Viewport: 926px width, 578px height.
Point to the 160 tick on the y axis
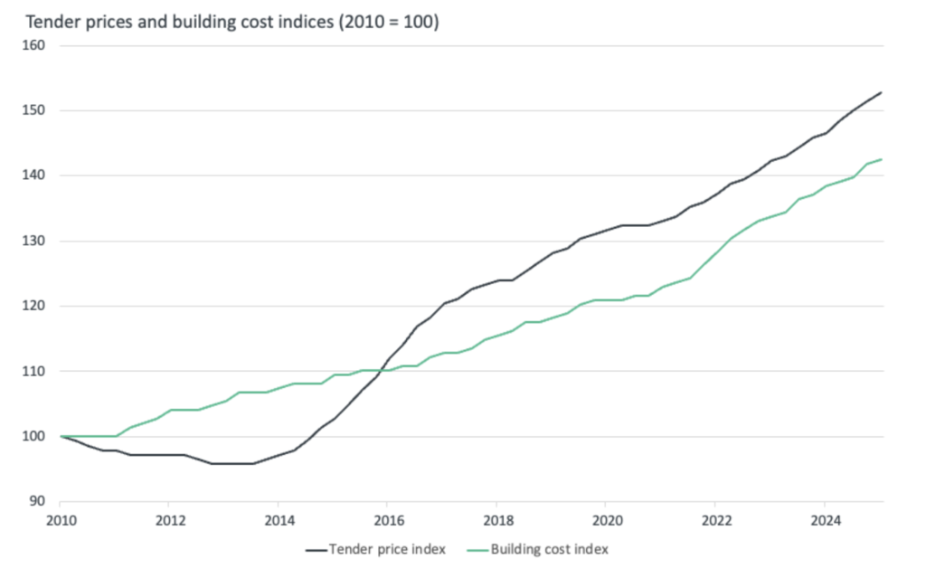pos(33,45)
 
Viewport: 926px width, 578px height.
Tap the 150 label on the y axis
pos(33,110)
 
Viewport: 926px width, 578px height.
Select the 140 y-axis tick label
pos(33,175)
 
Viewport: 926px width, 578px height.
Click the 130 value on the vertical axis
pos(33,241)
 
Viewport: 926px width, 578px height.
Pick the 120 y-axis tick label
pos(33,306)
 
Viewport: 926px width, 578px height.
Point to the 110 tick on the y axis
pos(33,371)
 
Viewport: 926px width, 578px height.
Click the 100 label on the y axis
pos(33,436)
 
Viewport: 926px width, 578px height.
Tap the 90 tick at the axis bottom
pos(36,500)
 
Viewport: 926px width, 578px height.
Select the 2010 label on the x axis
pos(60,520)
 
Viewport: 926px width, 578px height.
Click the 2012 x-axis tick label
pos(170,520)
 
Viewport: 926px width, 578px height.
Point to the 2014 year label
pos(279,520)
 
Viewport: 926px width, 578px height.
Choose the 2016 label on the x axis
pos(387,520)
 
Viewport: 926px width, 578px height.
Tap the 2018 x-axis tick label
pos(497,520)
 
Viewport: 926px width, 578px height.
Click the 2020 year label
pos(606,520)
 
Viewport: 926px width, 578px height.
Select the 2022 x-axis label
pos(715,520)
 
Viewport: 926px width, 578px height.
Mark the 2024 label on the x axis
pos(825,520)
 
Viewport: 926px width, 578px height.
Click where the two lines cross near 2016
pos(383,370)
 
